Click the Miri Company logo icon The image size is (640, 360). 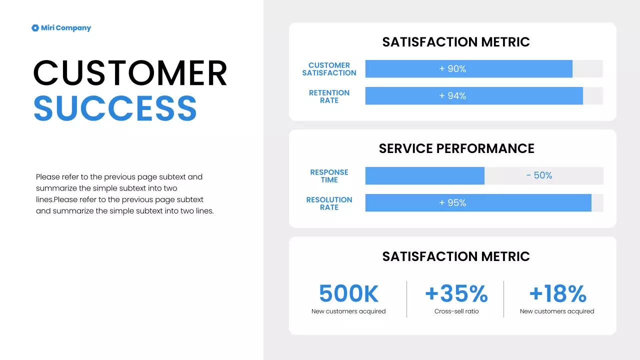(35, 28)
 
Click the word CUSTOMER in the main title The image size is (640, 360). (130, 73)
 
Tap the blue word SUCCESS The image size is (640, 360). (115, 107)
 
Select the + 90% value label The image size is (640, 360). (452, 69)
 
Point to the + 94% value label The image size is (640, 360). (452, 96)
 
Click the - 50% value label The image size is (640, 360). (539, 175)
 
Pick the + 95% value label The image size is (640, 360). (452, 203)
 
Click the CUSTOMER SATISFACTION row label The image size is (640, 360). (329, 69)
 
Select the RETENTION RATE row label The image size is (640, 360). (329, 96)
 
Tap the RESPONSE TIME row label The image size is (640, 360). (329, 176)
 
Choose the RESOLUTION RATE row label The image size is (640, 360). (329, 203)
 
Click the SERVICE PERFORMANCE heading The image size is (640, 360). (456, 148)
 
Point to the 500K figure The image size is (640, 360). (348, 293)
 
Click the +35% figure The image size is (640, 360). (456, 293)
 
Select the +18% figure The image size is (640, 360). (557, 293)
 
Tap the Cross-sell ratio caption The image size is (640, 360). (456, 311)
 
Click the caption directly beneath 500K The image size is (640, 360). (348, 311)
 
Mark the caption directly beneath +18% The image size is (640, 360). (557, 311)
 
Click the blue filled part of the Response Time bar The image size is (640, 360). (424, 176)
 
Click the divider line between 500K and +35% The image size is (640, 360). (406, 299)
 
